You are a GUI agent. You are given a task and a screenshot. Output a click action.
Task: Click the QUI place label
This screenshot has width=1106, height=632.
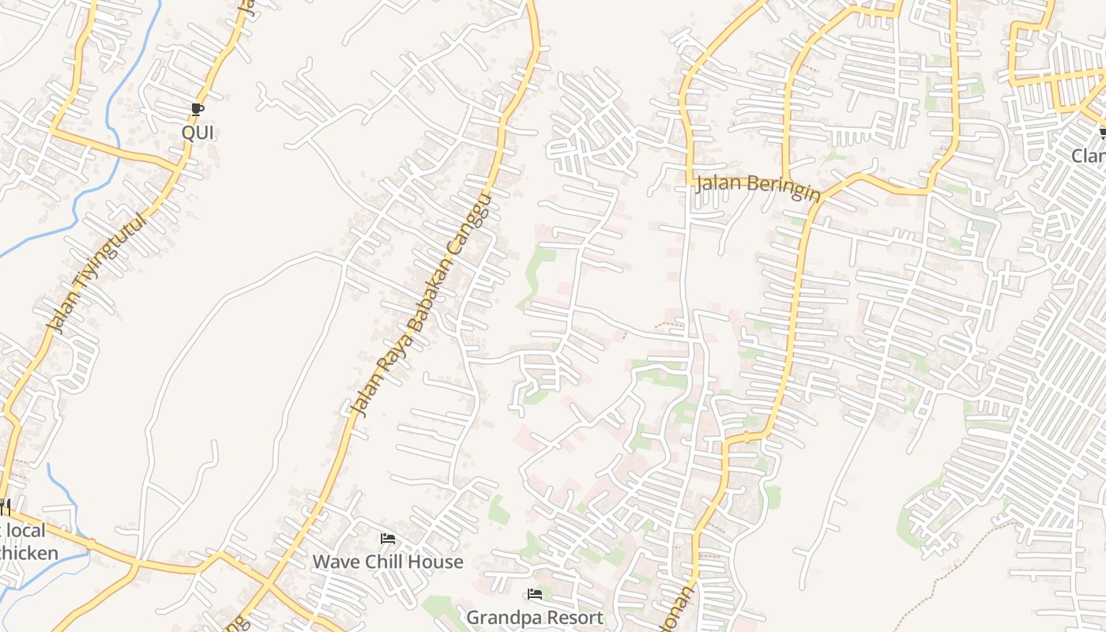click(x=197, y=132)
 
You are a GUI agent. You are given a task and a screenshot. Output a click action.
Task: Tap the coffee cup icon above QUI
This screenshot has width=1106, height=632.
click(x=197, y=110)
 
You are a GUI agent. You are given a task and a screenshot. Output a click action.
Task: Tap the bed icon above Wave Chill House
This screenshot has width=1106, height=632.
click(x=388, y=539)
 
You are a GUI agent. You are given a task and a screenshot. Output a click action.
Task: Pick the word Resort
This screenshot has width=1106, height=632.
click(x=575, y=617)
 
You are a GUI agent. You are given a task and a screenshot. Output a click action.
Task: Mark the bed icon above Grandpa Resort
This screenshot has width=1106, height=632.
click(x=535, y=594)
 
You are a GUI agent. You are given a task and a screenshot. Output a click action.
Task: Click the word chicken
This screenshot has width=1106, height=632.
click(x=28, y=552)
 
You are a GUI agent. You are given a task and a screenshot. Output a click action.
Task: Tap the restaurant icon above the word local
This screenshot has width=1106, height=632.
click(x=4, y=505)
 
